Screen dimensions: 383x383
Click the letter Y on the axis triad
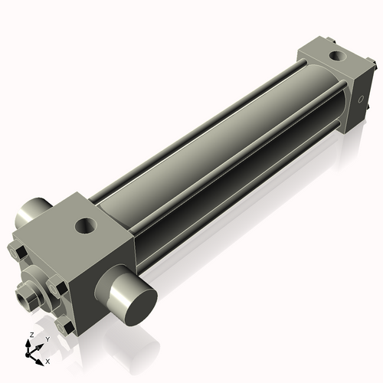(x=47, y=339)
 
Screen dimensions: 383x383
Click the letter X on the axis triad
(x=47, y=360)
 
